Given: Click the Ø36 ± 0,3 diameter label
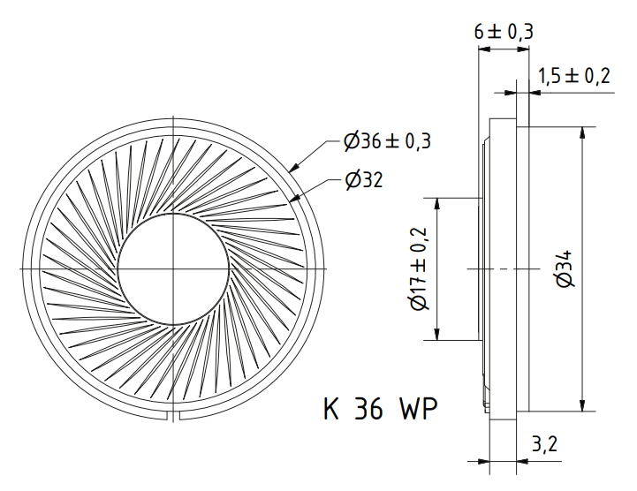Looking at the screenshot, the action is pos(387,141).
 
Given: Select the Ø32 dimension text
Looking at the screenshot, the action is pos(364,180).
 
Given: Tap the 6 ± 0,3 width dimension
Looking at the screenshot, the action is pos(504,32).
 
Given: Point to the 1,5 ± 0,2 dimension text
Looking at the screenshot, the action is pos(574,76).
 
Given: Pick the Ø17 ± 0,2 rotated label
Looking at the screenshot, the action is pos(419,268).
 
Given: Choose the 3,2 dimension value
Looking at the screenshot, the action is pos(544,444).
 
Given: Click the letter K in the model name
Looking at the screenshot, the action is pos(331,408).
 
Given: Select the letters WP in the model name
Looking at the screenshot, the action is pos(419,408).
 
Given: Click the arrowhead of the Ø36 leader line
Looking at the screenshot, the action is pos(294,167).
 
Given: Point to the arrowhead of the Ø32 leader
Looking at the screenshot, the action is pos(294,198).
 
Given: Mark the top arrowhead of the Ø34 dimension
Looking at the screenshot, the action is pos(582,133).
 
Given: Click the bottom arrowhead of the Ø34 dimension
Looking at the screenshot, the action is pos(582,405).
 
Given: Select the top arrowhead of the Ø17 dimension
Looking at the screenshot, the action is pos(437,204).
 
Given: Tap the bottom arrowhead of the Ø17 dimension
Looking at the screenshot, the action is pos(437,334).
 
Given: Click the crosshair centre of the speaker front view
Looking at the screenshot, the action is pos(173,268).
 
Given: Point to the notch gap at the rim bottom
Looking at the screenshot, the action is pos(173,416).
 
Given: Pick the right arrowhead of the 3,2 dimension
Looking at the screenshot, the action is pos(522,461).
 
